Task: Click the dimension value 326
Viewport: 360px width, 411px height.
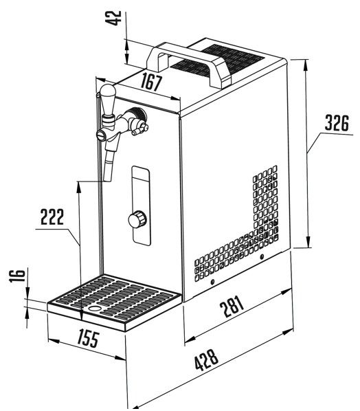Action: point(337,123)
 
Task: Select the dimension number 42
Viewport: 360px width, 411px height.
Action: point(114,18)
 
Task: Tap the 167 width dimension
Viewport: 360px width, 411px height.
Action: point(151,82)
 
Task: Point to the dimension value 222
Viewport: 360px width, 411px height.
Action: point(52,216)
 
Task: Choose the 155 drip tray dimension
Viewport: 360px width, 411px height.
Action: point(89,339)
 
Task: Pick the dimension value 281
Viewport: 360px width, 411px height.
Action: point(232,306)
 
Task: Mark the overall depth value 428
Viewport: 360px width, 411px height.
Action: point(206,359)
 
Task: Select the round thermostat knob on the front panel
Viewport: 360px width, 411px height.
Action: point(137,219)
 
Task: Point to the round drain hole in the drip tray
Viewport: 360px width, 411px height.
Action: point(94,309)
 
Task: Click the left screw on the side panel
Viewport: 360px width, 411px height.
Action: point(212,282)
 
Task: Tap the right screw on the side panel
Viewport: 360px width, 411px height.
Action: point(261,257)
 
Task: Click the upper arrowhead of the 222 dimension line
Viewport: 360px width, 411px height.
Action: point(78,187)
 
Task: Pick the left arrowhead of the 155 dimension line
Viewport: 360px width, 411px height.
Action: point(54,341)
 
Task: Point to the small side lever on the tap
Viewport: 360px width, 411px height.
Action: point(140,130)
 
